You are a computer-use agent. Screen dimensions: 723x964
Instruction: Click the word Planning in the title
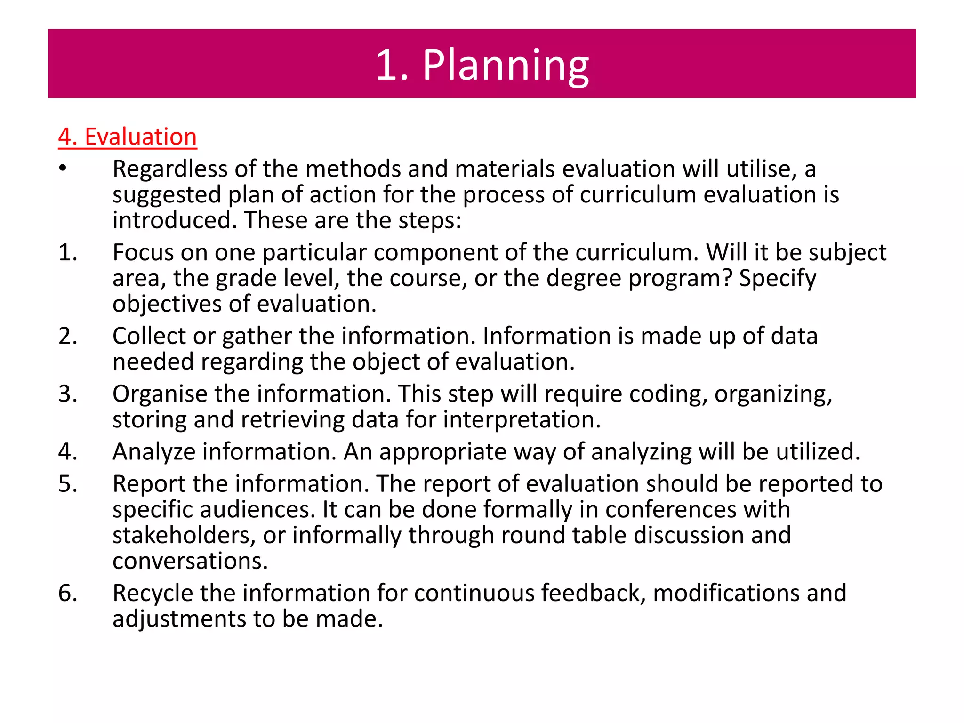(506, 65)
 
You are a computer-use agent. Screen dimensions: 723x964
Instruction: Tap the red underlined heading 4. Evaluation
(127, 137)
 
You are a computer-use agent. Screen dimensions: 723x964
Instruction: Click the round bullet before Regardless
(63, 169)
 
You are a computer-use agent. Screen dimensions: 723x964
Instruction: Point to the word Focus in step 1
(143, 253)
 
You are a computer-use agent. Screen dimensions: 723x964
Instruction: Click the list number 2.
(67, 336)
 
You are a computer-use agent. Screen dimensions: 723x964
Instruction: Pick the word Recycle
(153, 593)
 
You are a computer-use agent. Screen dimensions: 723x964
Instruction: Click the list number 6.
(67, 593)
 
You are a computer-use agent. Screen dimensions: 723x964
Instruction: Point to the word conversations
(190, 561)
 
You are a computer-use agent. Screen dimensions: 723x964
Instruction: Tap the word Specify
(777, 279)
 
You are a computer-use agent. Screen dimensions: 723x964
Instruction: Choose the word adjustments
(179, 619)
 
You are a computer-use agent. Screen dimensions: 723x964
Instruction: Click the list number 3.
(67, 394)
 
